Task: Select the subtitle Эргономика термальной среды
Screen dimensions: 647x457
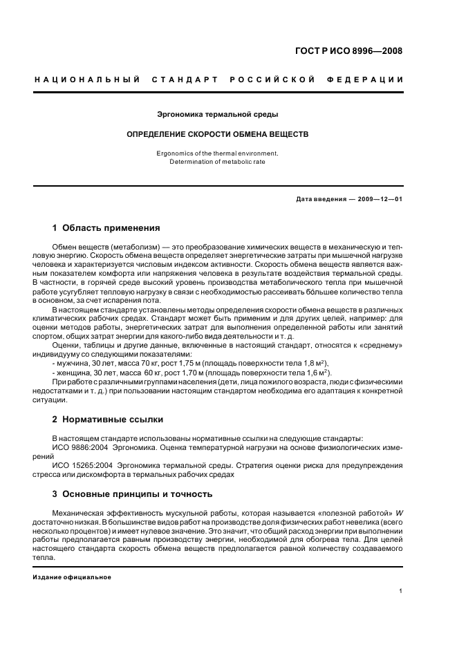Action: (x=218, y=114)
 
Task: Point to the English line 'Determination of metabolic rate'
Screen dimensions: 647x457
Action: (x=218, y=162)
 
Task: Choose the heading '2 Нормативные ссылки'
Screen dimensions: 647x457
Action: (x=102, y=420)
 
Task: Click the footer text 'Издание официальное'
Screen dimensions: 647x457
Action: (x=72, y=577)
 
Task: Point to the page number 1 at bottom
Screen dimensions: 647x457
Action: (x=400, y=591)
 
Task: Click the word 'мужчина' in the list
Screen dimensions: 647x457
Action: (x=73, y=363)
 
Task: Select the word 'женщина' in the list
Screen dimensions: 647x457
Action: (x=75, y=372)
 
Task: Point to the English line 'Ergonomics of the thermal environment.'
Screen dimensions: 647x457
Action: (x=218, y=153)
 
